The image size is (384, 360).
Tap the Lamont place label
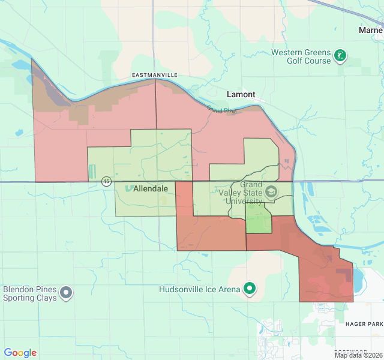pos(241,95)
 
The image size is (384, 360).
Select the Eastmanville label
pos(155,74)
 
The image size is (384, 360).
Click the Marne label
pos(370,30)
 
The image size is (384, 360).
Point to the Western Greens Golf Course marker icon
pos(341,56)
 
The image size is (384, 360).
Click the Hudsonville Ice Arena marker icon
pos(250,289)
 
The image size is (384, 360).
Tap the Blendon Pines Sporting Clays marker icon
pos(66,293)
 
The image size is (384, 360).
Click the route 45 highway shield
pos(106,181)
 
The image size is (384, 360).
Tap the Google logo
pos(20,353)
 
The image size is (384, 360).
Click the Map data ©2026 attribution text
pos(358,355)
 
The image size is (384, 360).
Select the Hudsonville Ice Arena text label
pos(199,289)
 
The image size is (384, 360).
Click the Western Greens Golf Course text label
pos(301,56)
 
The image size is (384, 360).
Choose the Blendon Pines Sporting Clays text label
pos(30,293)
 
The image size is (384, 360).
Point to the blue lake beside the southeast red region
pos(359,279)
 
